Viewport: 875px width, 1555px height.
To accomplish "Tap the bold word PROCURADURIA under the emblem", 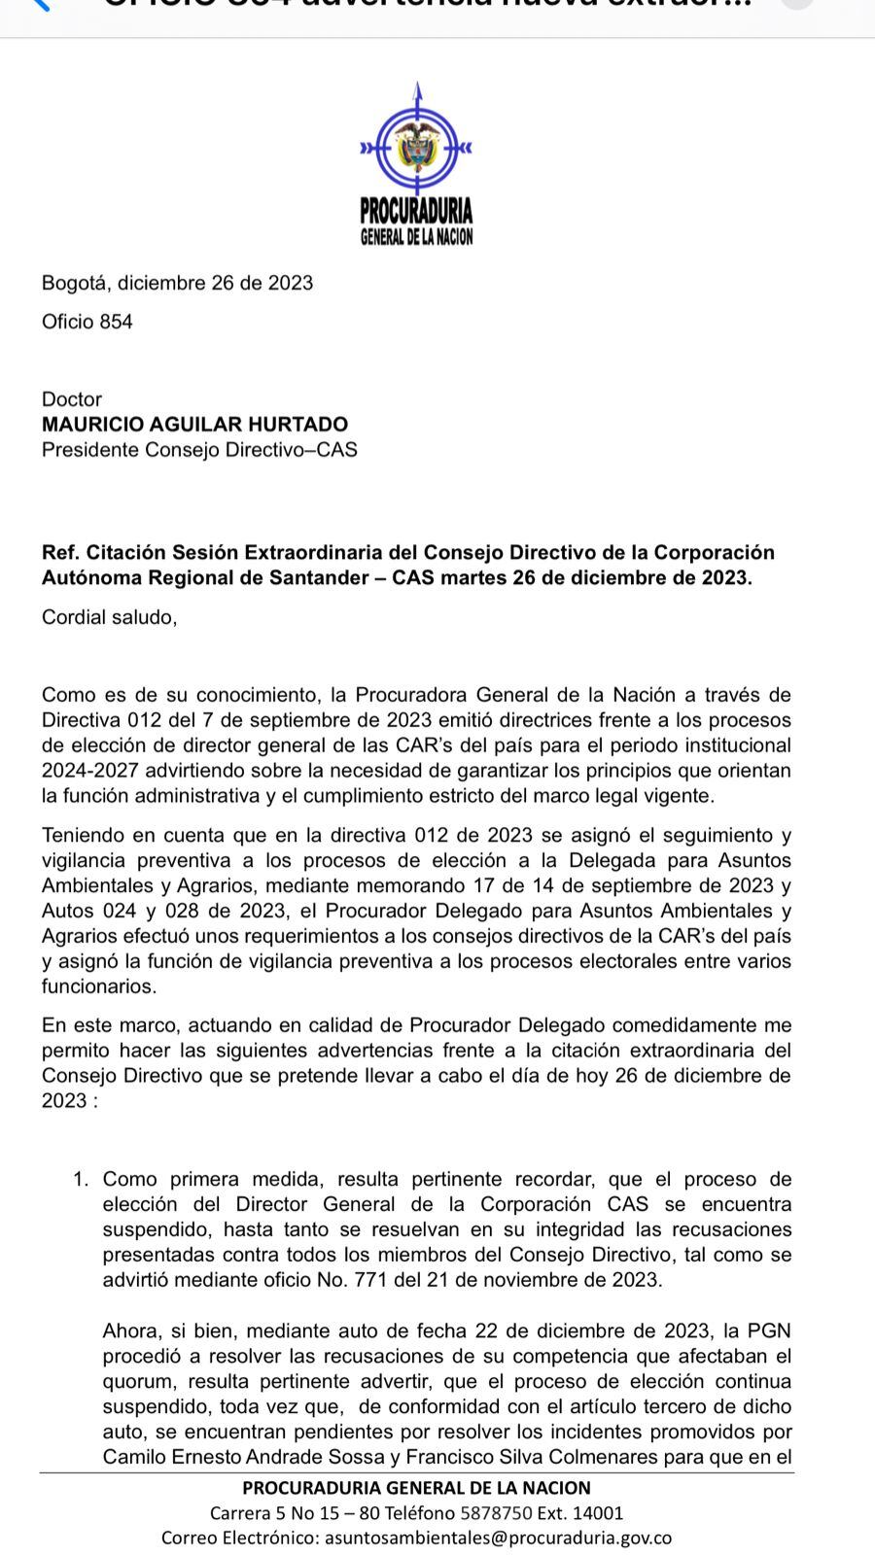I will pos(416,209).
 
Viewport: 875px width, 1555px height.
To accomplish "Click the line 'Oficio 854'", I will pos(87,322).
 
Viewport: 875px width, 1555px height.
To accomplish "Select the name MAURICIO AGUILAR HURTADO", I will pos(194,425).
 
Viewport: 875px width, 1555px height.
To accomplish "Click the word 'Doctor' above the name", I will pos(72,399).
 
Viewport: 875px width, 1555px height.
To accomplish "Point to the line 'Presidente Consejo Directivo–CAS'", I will pos(199,450).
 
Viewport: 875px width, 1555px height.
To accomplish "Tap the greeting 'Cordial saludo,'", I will pos(110,617).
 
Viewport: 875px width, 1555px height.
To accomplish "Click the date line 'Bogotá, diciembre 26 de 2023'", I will pos(177,283).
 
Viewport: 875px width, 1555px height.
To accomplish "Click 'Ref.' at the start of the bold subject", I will pos(60,553).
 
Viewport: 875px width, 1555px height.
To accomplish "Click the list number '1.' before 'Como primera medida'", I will pos(81,1180).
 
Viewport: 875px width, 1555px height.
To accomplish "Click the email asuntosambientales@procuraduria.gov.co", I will pos(498,1538).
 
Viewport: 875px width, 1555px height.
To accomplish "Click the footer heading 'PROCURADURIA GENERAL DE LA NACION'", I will pos(416,1488).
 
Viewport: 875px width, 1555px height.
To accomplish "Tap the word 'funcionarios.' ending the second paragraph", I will pos(99,986).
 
